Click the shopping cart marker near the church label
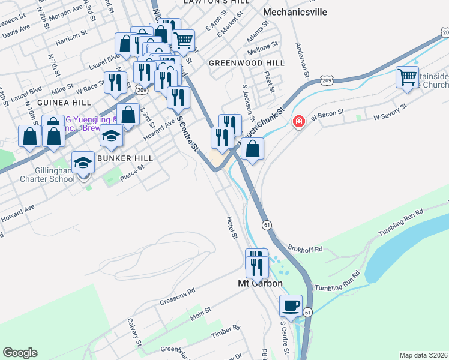[408, 78]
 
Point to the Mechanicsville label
[294, 11]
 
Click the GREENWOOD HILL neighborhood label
[246, 63]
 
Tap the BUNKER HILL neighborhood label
[127, 158]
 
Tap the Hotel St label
[232, 229]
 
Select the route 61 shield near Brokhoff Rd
[265, 224]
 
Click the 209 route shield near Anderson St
[326, 80]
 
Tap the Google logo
[20, 353]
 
